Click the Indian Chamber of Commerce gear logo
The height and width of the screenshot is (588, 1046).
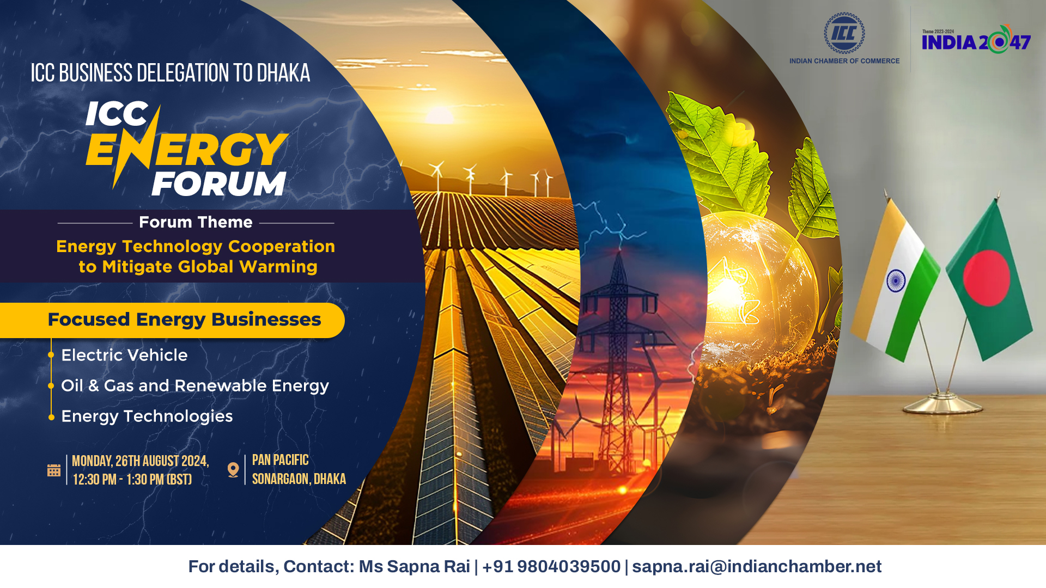[844, 33]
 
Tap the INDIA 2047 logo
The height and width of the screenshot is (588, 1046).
[976, 39]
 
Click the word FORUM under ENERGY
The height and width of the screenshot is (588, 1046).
[219, 184]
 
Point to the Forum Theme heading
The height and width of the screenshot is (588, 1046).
[196, 222]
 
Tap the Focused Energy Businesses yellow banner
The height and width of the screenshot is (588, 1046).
[172, 320]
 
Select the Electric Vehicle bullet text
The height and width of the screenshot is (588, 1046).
[124, 355]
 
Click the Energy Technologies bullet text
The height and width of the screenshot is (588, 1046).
[147, 416]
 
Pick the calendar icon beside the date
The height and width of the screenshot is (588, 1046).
[54, 470]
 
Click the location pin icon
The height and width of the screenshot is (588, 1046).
[233, 470]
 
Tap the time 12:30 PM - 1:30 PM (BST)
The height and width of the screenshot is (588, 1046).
[132, 480]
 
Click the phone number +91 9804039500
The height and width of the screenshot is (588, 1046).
[551, 567]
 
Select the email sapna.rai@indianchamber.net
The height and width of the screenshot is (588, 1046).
[757, 567]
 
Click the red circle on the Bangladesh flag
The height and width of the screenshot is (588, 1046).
[986, 278]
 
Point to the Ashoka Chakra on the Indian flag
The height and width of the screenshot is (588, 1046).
[896, 281]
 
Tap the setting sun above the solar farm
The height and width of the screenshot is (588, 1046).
[440, 113]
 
